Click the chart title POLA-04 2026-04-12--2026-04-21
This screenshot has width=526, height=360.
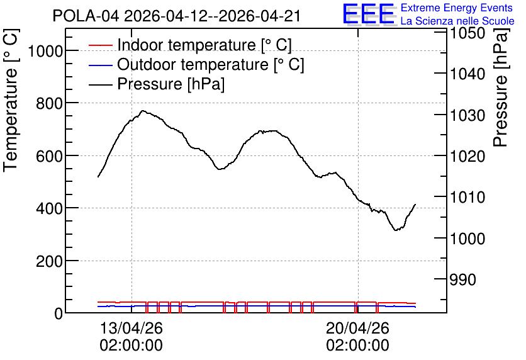[176, 16]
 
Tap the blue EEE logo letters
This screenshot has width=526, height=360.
[368, 14]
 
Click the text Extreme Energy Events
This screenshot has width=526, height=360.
[457, 8]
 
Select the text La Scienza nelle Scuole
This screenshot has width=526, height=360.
[457, 21]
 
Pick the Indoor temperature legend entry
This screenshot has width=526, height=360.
[190, 45]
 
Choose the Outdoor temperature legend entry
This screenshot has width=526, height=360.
[196, 64]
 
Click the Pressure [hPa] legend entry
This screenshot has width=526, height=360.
[157, 84]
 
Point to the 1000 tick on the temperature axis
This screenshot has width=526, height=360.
[45, 52]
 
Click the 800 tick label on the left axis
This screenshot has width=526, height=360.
[49, 104]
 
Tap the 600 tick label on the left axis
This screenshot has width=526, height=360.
[49, 156]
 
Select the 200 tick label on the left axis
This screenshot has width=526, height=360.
[49, 261]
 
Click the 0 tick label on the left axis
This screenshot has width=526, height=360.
[59, 314]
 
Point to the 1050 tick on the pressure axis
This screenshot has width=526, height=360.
[467, 33]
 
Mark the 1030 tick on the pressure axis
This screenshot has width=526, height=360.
[467, 115]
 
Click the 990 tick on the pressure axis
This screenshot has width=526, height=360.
[463, 279]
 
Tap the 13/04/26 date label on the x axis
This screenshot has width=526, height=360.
[131, 328]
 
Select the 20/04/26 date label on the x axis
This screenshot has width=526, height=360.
[357, 328]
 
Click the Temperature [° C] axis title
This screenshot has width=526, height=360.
[11, 100]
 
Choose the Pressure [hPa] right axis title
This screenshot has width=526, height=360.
[501, 87]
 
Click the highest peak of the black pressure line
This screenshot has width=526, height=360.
[143, 110]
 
